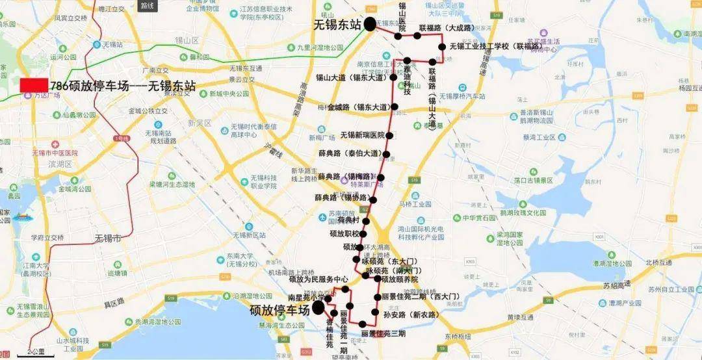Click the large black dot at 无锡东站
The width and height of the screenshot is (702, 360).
pyautogui.click(x=370, y=25)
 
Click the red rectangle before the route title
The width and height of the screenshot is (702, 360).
pyautogui.click(x=34, y=85)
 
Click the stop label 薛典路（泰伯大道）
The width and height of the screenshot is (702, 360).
pyautogui.click(x=350, y=154)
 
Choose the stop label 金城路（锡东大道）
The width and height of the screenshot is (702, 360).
pyautogui.click(x=358, y=107)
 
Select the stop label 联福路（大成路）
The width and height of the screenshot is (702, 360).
pyautogui.click(x=446, y=28)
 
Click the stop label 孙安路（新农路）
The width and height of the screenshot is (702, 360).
pyautogui.click(x=410, y=315)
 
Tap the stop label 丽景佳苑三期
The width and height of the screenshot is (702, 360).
pyautogui.click(x=383, y=333)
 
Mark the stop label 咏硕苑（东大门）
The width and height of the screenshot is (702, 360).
pyautogui.click(x=389, y=261)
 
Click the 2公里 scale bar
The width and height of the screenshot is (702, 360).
pyautogui.click(x=36, y=352)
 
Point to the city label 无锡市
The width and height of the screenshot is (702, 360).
pyautogui.click(x=108, y=238)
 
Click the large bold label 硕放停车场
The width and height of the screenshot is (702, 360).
pyautogui.click(x=280, y=311)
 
